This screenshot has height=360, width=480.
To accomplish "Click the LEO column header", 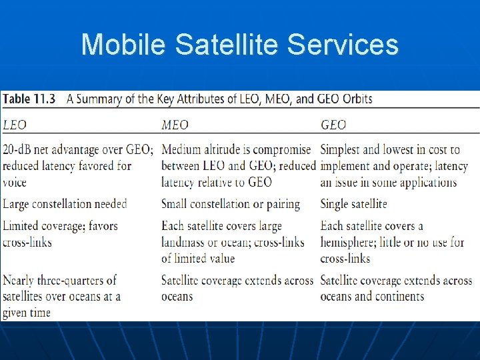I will [15, 125].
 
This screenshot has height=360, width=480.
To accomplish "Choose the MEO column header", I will [175, 125].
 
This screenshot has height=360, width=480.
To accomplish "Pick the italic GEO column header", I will [333, 125].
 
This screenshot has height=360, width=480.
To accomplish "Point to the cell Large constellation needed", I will [65, 204].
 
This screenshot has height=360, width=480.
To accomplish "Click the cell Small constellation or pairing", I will [231, 204].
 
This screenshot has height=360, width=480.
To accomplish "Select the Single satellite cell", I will [353, 204].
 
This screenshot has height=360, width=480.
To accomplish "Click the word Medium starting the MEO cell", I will [184, 149].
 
